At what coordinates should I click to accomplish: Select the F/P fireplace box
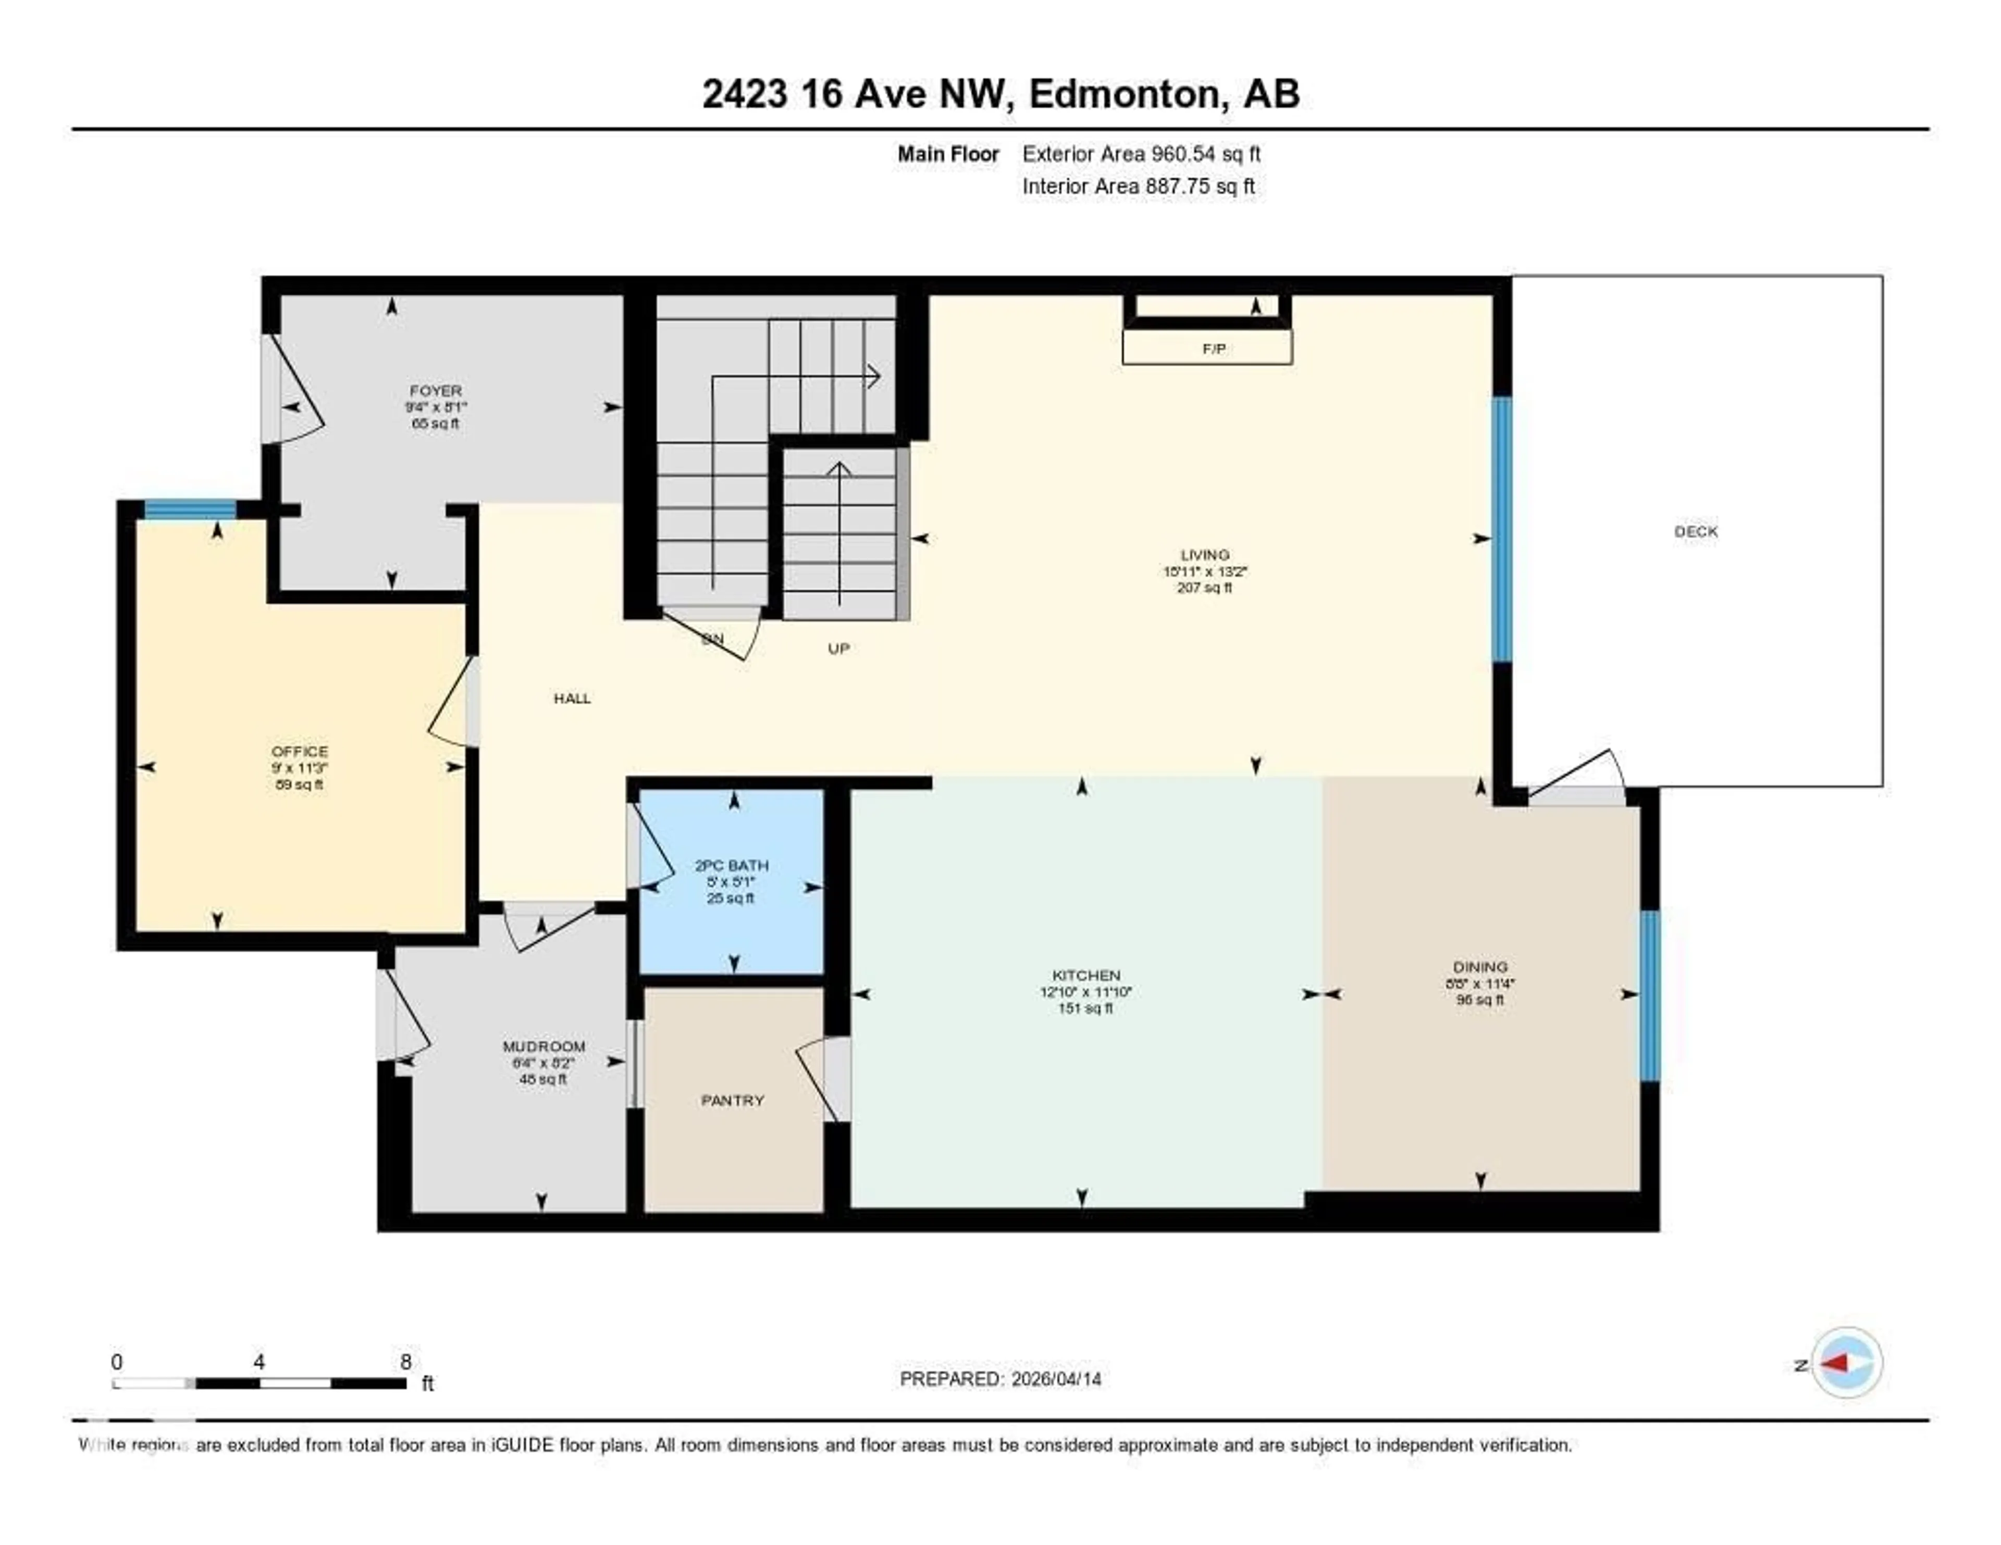pyautogui.click(x=1207, y=348)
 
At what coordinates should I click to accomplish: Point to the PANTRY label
pyautogui.click(x=732, y=1100)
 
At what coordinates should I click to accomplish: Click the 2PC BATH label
pyautogui.click(x=731, y=865)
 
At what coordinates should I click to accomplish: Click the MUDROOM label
pyautogui.click(x=544, y=1046)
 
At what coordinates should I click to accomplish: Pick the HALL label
pyautogui.click(x=572, y=699)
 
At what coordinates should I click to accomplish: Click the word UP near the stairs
pyautogui.click(x=838, y=649)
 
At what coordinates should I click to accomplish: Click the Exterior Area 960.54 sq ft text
pyautogui.click(x=1141, y=154)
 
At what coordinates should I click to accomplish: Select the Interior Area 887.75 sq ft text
pyautogui.click(x=1138, y=186)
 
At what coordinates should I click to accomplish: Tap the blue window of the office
pyautogui.click(x=190, y=509)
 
